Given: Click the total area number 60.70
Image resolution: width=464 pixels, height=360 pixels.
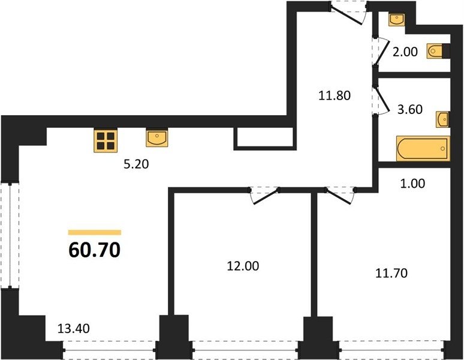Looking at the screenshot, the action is (x=94, y=250).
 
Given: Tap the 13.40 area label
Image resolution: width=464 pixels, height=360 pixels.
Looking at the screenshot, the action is (x=73, y=328).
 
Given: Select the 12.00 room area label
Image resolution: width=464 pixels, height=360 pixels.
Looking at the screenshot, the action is (x=243, y=266).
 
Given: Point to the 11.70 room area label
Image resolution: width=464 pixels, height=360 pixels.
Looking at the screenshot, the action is (x=391, y=273).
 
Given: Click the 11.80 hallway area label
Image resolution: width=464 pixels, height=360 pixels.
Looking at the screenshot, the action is (x=335, y=95).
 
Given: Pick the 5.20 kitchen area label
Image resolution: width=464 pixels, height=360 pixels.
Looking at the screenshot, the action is (x=136, y=164).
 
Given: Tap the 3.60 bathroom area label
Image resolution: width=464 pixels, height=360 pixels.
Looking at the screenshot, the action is (x=410, y=110).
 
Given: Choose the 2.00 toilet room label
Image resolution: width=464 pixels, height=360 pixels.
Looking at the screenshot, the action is (x=405, y=52).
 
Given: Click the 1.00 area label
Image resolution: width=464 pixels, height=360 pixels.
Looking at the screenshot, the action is (x=412, y=184).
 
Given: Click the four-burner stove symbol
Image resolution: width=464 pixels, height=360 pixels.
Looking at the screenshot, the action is (x=106, y=140).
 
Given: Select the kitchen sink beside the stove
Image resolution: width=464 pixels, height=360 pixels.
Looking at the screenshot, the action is (x=157, y=137).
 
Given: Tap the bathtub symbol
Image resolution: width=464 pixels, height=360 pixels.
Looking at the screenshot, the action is (x=423, y=149).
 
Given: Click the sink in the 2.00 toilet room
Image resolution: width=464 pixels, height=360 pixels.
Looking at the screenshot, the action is (x=396, y=20).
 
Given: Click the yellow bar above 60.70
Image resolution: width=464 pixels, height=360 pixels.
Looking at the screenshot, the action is (x=95, y=232).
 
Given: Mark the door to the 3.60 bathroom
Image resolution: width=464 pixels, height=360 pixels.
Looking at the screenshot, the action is (x=381, y=100).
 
